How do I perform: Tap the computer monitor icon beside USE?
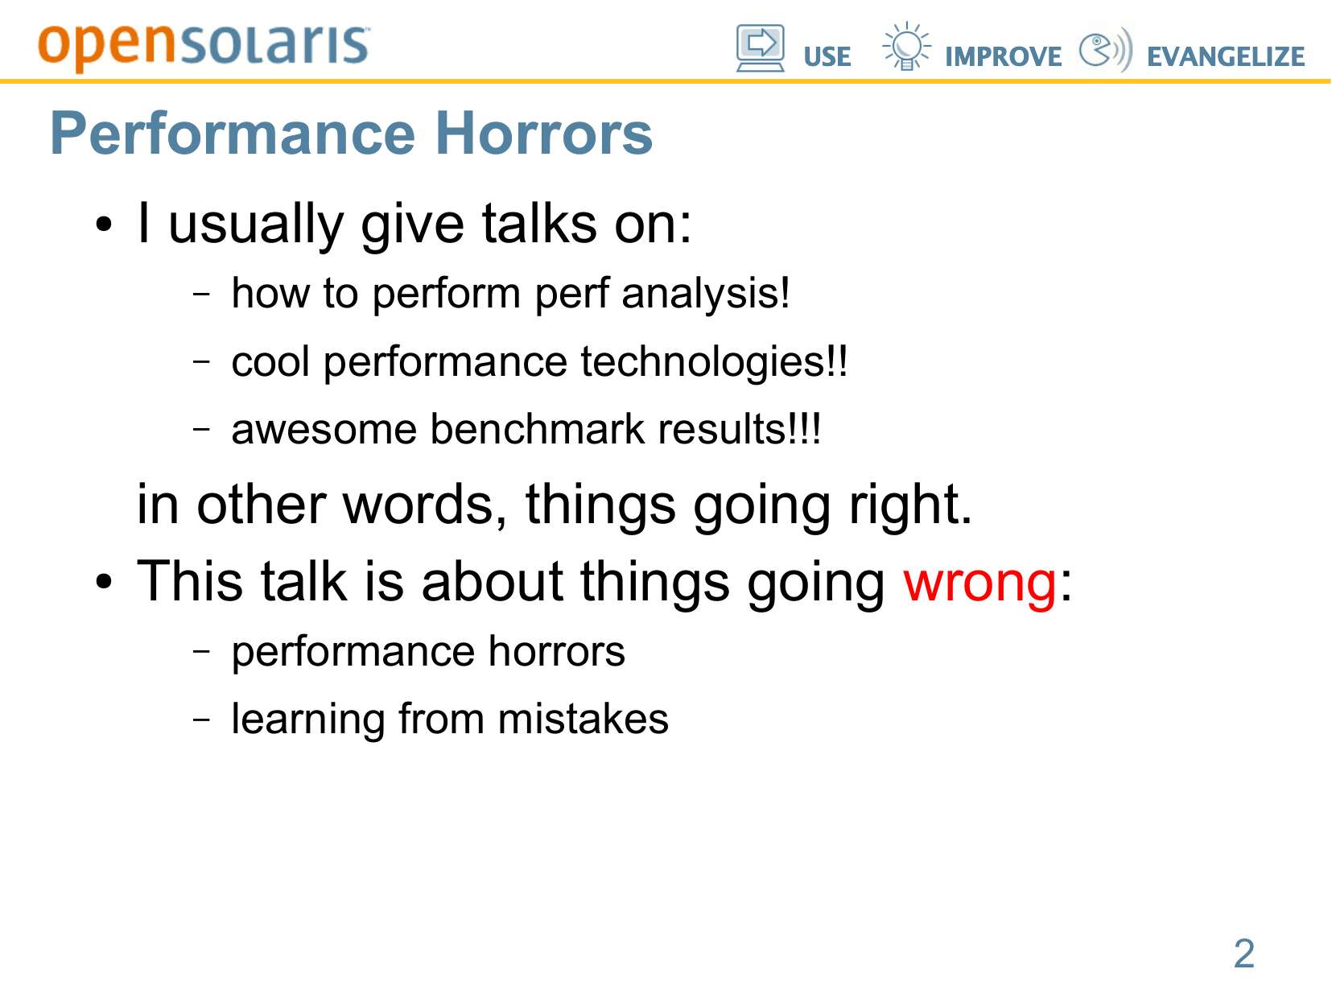(x=761, y=48)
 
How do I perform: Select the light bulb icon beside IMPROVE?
(x=906, y=46)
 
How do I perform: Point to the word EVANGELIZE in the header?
(x=1226, y=57)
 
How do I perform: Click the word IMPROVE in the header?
(x=1003, y=57)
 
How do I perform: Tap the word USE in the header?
(x=827, y=57)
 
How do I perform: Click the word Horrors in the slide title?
(x=544, y=134)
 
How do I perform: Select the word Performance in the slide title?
(x=233, y=134)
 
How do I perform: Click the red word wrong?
(x=979, y=582)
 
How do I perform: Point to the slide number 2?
(x=1244, y=953)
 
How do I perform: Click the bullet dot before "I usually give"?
(x=105, y=225)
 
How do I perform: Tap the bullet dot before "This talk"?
(x=105, y=583)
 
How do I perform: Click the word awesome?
(x=324, y=430)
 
